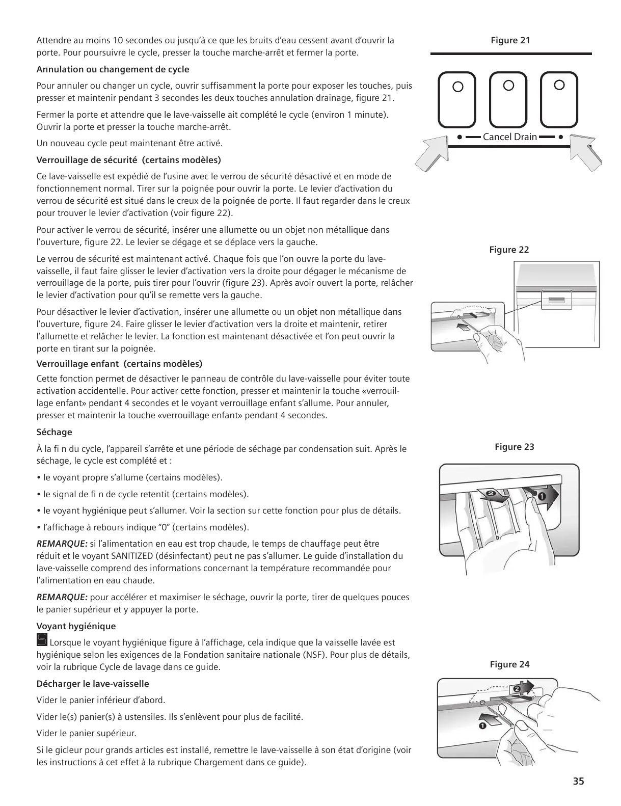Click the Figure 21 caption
coord(510,40)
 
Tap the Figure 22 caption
coord(509,250)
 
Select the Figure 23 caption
coord(514,447)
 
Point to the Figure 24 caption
coord(509,664)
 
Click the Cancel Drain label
coord(509,137)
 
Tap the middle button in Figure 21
coord(508,99)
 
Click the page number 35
coord(578,782)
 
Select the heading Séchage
coord(55,432)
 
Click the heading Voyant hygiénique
coord(76,626)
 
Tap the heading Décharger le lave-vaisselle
coord(93,684)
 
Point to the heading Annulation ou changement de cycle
coord(113,69)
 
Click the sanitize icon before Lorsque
coord(42,639)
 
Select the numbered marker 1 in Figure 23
coord(542,495)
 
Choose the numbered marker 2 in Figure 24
coord(517,689)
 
